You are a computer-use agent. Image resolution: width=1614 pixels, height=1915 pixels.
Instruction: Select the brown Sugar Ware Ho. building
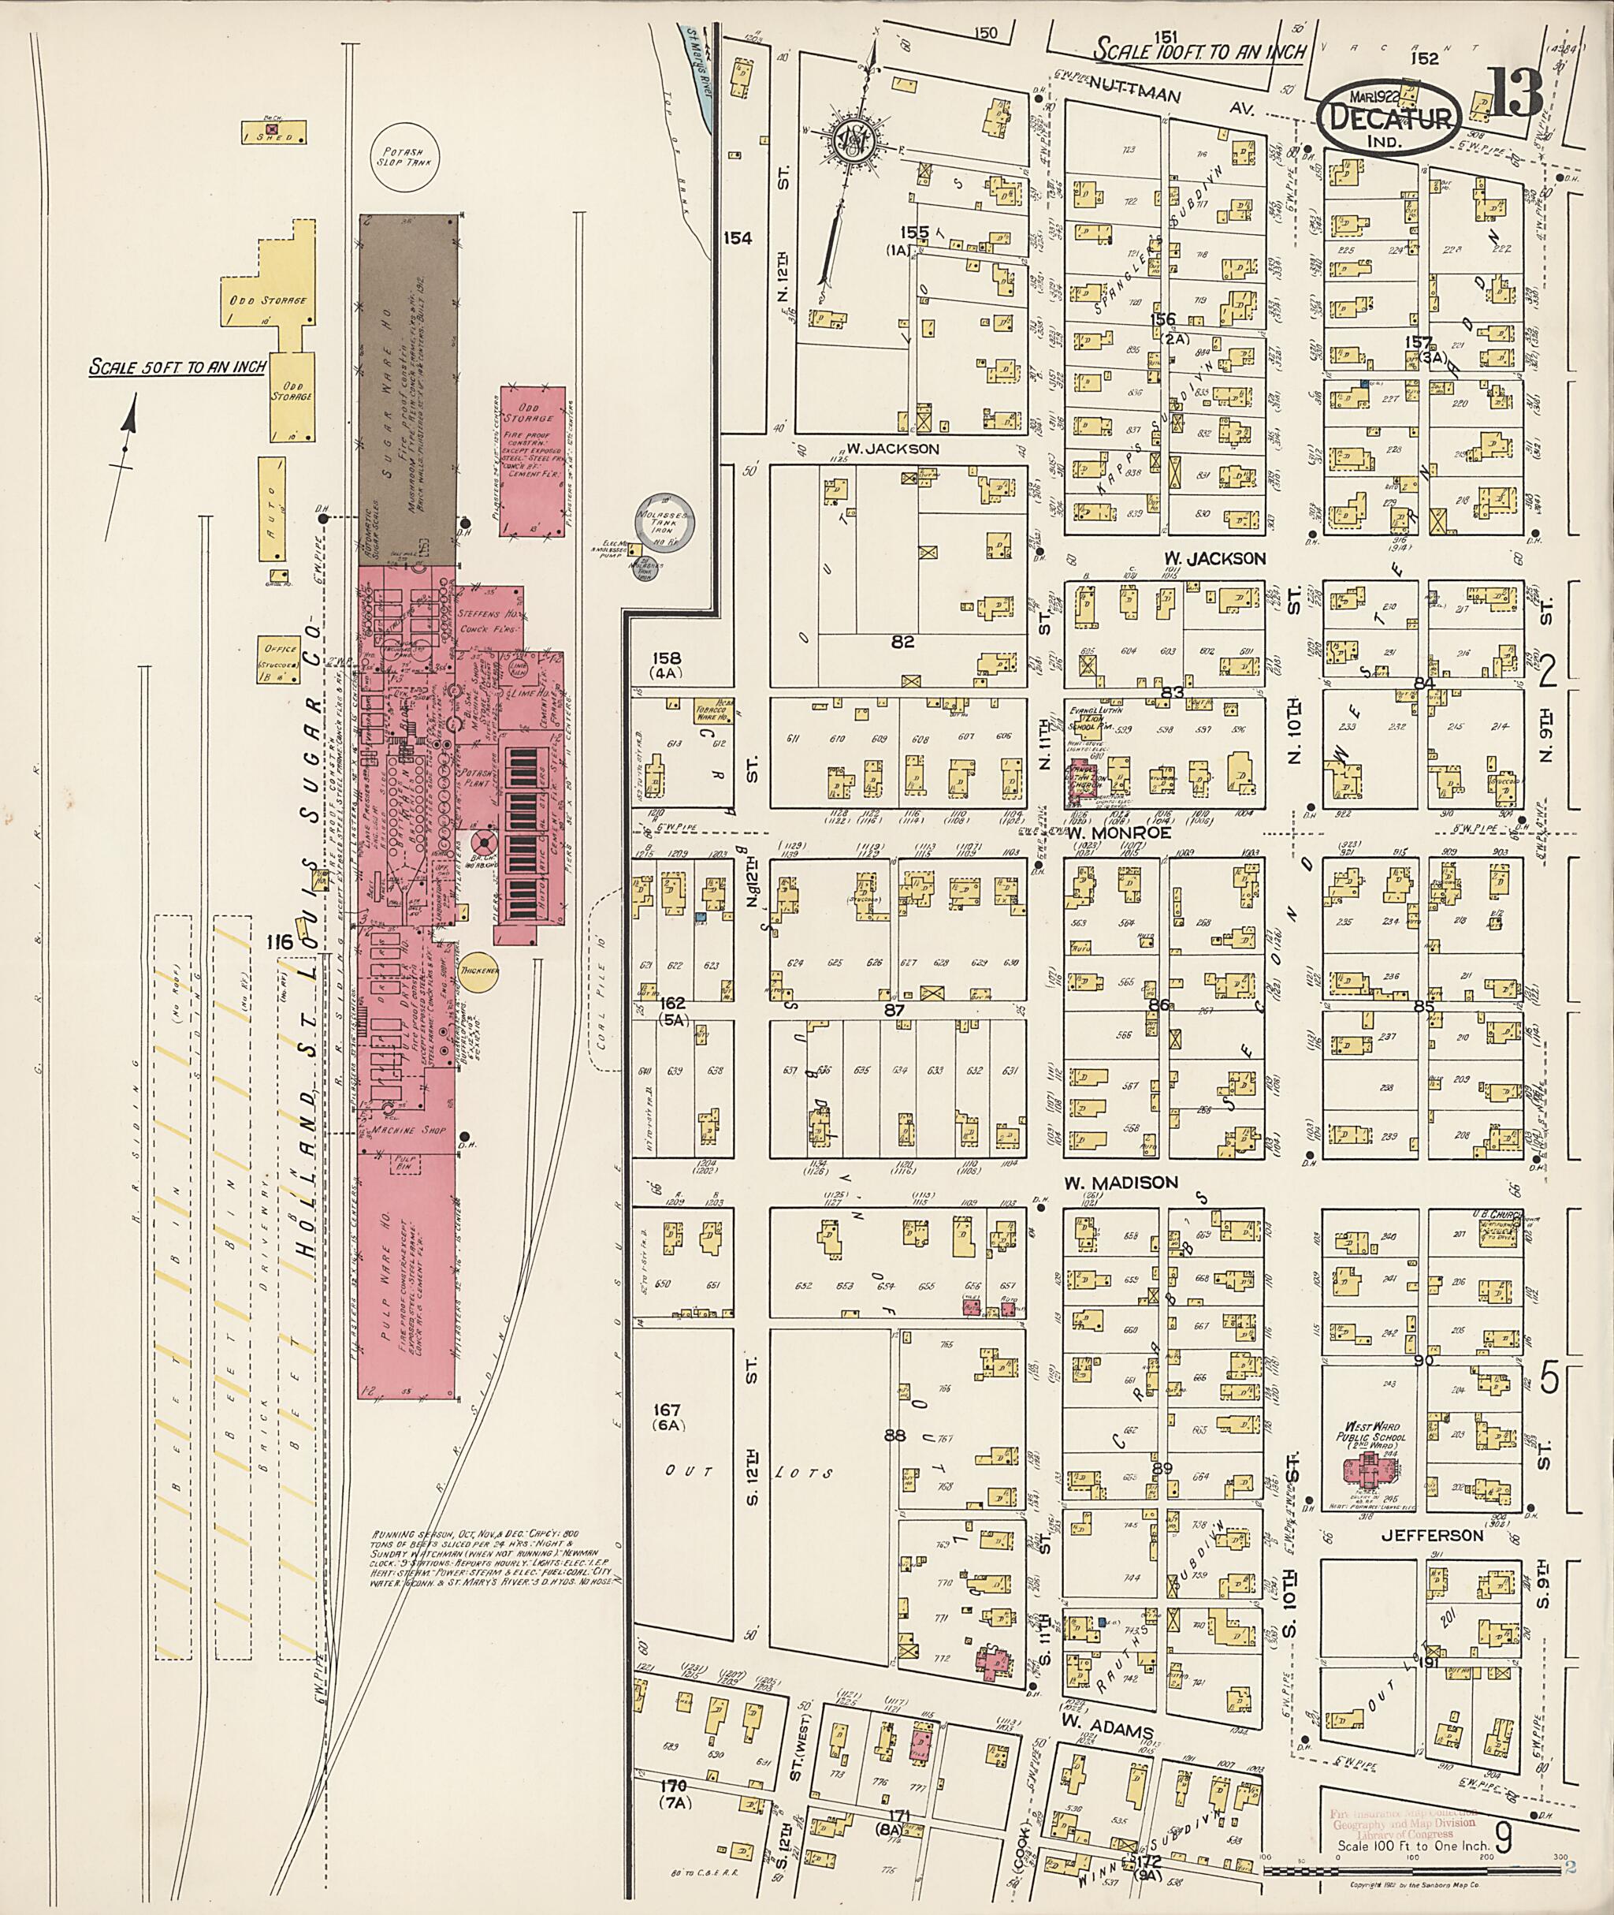407,390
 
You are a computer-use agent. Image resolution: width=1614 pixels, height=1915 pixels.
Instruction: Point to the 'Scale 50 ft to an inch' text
177,367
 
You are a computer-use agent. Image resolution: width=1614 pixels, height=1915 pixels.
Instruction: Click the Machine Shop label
408,1131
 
